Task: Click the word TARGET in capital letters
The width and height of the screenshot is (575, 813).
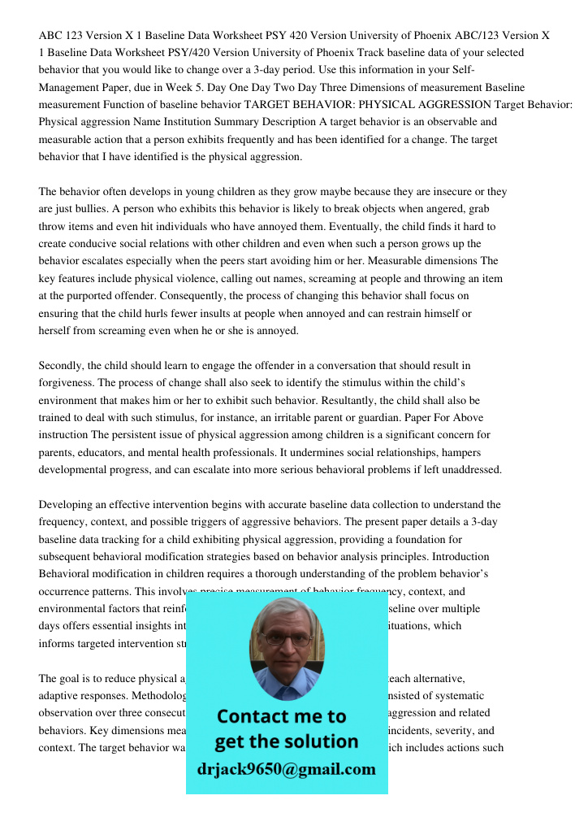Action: pyautogui.click(x=266, y=105)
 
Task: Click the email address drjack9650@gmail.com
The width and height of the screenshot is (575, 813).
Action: pyautogui.click(x=287, y=769)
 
